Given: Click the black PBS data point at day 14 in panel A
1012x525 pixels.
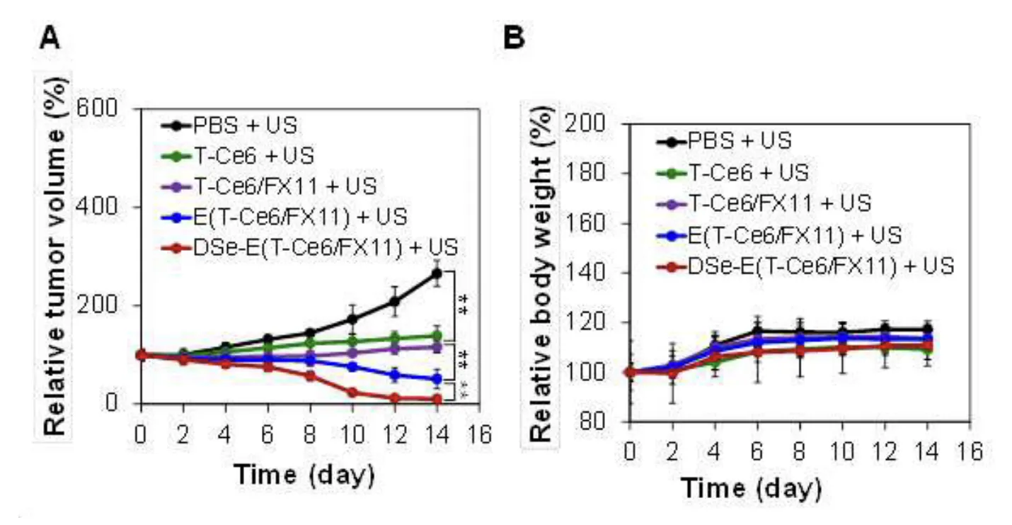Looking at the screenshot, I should coord(437,273).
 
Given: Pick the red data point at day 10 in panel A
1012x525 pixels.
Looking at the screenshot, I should coord(352,393).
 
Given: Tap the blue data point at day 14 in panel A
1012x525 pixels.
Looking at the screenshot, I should coord(437,379).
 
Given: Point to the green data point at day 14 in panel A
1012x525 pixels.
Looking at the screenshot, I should coord(437,335).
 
